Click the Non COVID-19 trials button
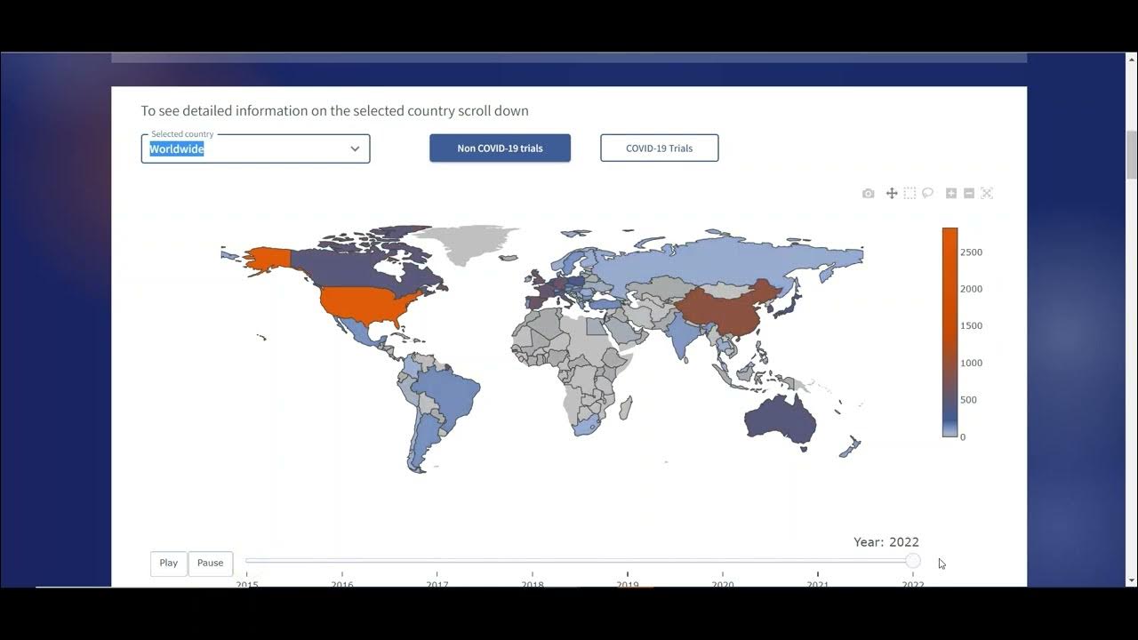point(500,148)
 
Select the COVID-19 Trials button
point(659,148)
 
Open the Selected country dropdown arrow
point(355,148)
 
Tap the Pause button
point(211,563)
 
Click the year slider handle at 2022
point(913,561)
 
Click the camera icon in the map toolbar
point(868,194)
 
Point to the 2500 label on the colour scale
point(971,252)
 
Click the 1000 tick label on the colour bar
point(971,363)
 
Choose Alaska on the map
point(264,260)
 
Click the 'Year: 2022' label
point(886,542)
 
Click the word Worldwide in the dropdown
point(177,149)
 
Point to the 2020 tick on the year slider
point(723,584)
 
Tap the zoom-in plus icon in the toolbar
point(950,194)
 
